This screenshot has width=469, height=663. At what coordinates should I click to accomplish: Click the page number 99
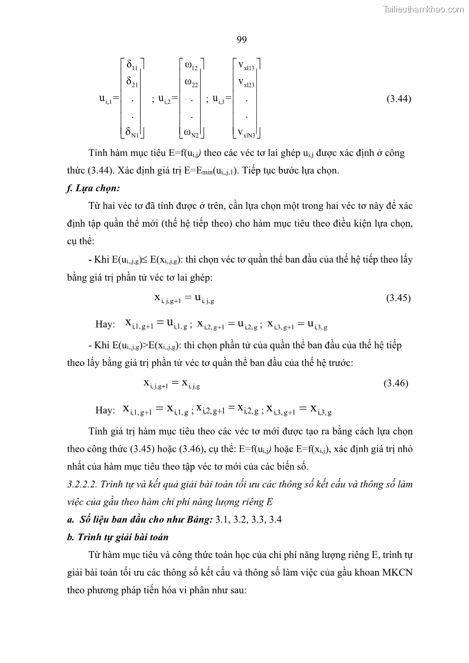click(x=241, y=40)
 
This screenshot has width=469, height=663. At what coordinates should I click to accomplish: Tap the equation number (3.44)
click(x=399, y=99)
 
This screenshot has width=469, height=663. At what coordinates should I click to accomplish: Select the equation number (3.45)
click(x=399, y=298)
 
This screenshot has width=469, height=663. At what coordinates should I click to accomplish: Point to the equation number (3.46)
click(x=396, y=383)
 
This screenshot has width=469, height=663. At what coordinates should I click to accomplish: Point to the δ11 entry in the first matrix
click(x=132, y=66)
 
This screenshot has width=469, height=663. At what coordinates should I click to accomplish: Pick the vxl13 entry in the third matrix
click(x=246, y=67)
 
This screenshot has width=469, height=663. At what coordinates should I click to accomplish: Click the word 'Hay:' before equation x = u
click(x=105, y=325)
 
